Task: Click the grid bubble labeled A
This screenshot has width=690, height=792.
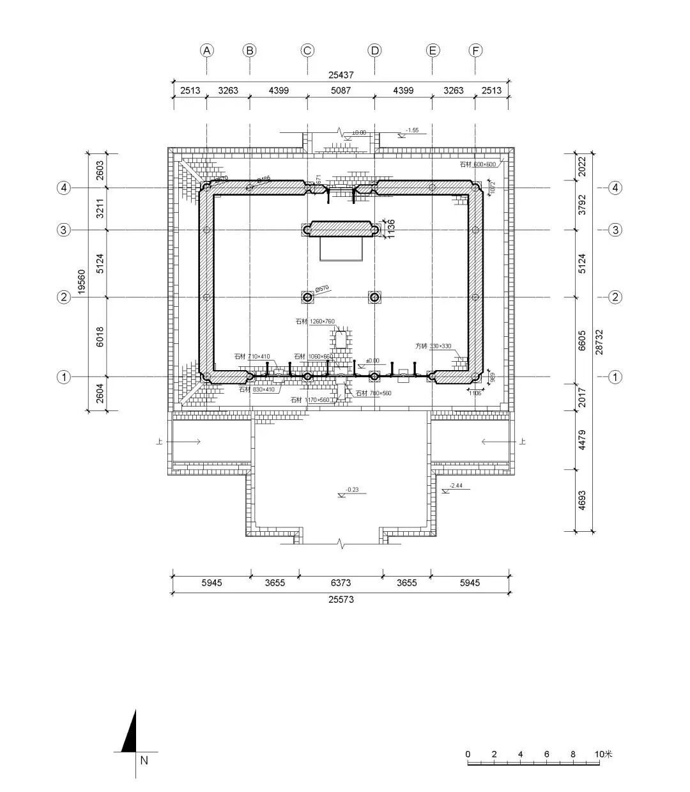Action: click(206, 50)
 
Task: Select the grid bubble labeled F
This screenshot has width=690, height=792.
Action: click(475, 50)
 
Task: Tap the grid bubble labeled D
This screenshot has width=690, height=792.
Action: click(374, 50)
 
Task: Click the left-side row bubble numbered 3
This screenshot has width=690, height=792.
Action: click(63, 230)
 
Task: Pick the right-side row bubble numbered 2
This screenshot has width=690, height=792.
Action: click(615, 297)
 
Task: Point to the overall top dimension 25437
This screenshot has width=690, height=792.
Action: click(341, 75)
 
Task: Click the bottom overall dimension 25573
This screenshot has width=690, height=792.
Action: click(341, 600)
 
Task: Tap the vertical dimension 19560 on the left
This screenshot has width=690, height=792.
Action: click(81, 281)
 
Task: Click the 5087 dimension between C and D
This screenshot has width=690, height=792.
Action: click(341, 91)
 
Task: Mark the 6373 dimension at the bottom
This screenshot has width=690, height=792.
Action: click(340, 583)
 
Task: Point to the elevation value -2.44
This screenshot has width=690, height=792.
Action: click(456, 486)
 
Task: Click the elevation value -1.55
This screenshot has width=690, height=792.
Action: click(411, 130)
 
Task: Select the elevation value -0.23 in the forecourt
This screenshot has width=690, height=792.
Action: click(351, 490)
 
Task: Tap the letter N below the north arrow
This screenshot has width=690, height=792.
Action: click(144, 760)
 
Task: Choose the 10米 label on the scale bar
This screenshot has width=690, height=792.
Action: click(602, 754)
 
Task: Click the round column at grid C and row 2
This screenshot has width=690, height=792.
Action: click(308, 297)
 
